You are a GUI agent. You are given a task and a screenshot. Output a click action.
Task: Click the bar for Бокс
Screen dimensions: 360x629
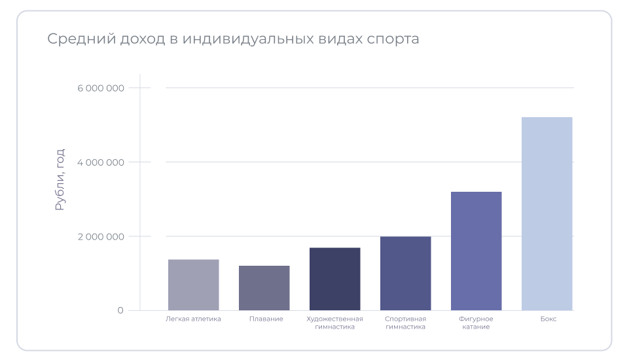(547, 213)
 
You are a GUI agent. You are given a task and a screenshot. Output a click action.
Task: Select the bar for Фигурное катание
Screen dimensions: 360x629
(476, 251)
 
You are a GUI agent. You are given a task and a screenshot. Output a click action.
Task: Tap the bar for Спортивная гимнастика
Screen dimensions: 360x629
(405, 273)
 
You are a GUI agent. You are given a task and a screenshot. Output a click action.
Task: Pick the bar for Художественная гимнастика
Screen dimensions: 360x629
(334, 279)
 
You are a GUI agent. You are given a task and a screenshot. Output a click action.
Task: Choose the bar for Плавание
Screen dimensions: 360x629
(264, 287)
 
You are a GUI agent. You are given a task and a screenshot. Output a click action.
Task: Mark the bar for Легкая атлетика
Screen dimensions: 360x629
(193, 285)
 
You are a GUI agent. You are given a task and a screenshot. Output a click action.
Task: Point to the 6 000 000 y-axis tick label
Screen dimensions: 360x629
(100, 88)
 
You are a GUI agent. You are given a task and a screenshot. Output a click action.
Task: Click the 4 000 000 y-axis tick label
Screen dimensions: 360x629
(100, 162)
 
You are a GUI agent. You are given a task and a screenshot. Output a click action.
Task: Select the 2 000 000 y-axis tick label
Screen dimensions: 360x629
(100, 236)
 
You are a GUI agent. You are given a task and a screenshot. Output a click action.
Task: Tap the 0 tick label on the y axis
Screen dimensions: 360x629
(120, 310)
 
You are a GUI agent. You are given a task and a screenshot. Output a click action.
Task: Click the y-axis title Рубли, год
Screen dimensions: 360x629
(60, 179)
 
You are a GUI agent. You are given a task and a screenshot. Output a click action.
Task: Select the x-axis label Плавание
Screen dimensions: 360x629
(266, 319)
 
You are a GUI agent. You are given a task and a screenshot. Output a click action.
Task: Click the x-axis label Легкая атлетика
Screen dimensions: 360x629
(193, 319)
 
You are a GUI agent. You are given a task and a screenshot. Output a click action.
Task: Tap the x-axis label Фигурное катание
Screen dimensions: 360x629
(476, 323)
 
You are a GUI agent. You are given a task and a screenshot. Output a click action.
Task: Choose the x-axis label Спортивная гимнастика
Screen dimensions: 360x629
(405, 323)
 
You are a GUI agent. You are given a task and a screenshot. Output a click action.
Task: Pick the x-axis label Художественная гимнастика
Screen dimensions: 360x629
(334, 323)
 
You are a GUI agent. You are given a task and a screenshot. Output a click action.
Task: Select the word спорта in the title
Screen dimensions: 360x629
(391, 39)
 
